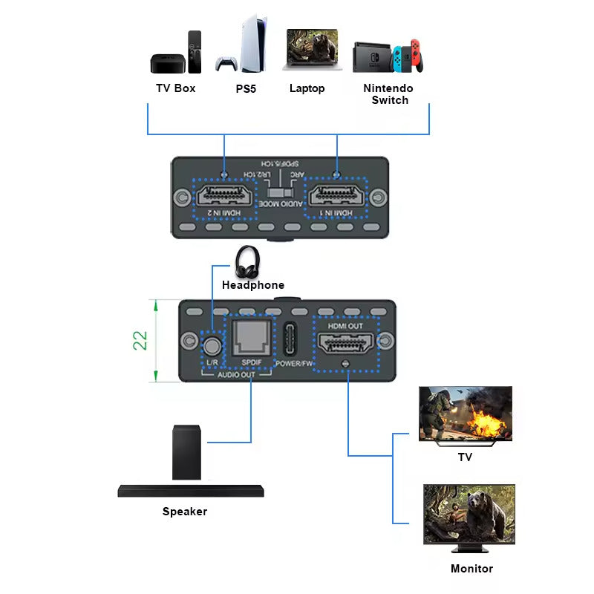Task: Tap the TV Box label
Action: tap(175, 88)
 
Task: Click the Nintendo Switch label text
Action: tap(388, 94)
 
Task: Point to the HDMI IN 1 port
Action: tap(338, 198)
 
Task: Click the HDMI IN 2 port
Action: tap(224, 198)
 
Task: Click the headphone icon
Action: tap(247, 262)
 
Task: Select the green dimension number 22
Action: tap(140, 340)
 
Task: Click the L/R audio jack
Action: tap(212, 345)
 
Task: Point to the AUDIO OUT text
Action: tap(237, 376)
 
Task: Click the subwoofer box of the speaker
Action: tap(186, 452)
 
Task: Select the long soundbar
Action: tap(191, 491)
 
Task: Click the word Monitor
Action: tap(471, 569)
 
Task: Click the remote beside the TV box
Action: tap(195, 52)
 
